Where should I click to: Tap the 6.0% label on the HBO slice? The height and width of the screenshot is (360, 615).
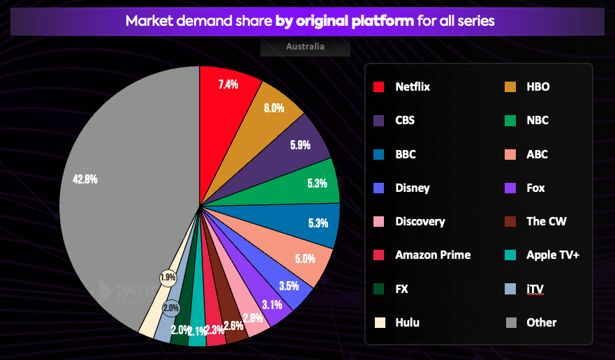[x=273, y=108]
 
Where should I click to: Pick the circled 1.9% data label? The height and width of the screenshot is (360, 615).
[x=168, y=277]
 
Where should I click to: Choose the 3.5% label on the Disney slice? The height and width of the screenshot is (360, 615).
[x=288, y=285]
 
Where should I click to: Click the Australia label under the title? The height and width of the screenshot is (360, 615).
[x=305, y=47]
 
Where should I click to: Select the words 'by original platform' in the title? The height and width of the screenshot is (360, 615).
[x=345, y=20]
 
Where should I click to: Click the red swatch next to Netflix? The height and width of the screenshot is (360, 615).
[x=379, y=87]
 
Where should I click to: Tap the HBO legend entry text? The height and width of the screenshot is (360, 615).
[x=538, y=87]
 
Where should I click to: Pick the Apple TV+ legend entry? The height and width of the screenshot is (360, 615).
[x=553, y=255]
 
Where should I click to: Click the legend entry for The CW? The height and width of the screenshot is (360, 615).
[x=546, y=221]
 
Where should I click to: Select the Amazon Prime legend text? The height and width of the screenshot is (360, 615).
[x=433, y=255]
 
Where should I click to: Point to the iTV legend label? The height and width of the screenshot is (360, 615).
[x=536, y=288]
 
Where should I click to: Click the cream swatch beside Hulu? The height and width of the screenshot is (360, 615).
[x=379, y=322]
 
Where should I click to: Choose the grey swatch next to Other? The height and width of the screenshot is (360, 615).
[x=510, y=322]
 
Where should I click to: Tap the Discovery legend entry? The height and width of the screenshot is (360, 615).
[x=420, y=221]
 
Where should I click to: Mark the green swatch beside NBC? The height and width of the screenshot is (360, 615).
[x=510, y=121]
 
